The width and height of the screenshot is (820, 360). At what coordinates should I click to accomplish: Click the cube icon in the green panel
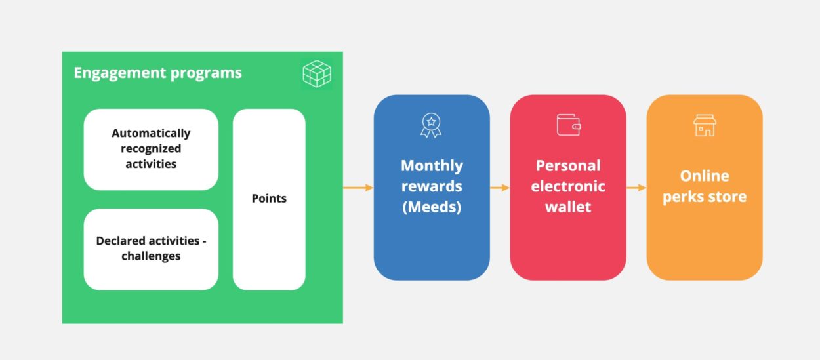[317, 74]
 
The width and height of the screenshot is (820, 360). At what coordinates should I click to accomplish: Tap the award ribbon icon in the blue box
[431, 125]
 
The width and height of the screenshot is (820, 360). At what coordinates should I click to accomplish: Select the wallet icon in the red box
[569, 125]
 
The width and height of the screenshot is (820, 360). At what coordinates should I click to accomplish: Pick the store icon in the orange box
[705, 125]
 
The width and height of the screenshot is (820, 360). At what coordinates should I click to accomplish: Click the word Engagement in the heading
[120, 73]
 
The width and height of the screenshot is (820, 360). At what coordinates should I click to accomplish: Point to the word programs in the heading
[206, 73]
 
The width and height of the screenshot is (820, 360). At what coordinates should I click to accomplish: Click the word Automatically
[151, 134]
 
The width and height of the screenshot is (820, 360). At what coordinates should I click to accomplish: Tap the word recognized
[151, 149]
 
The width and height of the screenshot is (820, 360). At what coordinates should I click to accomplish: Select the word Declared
[121, 241]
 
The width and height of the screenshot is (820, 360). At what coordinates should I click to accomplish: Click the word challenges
[151, 256]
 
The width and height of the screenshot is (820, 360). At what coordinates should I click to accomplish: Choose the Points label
[269, 198]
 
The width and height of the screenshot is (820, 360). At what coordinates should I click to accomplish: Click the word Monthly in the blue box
[432, 166]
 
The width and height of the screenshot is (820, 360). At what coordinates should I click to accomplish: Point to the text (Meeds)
[432, 207]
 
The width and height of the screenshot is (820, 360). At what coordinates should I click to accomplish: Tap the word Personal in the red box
[568, 166]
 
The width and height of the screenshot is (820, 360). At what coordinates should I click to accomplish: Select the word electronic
[568, 186]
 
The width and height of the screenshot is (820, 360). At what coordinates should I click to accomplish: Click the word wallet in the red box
[568, 207]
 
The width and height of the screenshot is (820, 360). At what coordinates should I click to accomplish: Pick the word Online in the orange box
[705, 176]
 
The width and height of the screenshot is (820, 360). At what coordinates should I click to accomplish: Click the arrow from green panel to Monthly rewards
[358, 188]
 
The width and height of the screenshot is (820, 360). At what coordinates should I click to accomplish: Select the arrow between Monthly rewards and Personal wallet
[500, 188]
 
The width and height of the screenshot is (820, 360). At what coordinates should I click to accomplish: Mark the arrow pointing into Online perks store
[636, 188]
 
